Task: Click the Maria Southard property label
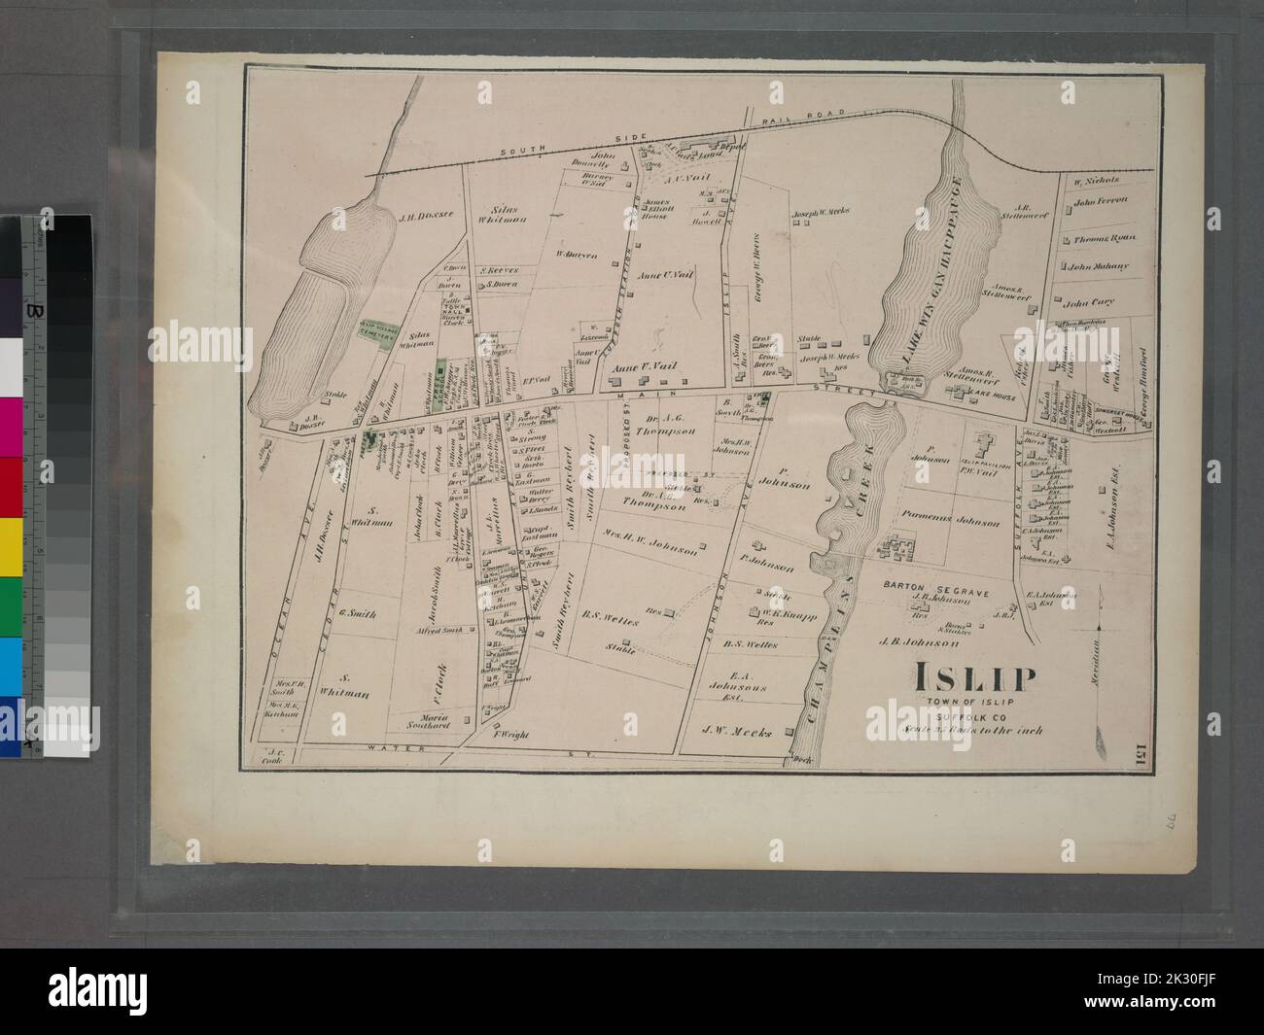[x=421, y=720]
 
